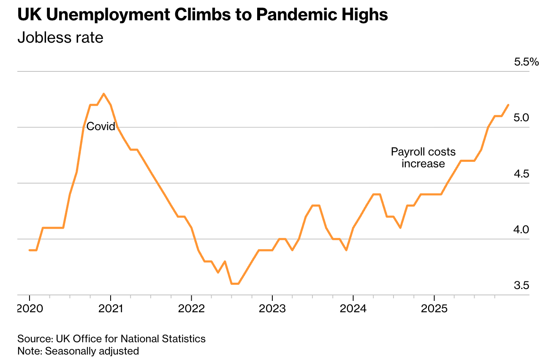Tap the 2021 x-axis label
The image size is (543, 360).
[110, 309]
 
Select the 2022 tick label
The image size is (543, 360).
[191, 309]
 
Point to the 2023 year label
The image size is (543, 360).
[272, 309]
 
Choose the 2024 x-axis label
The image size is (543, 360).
[353, 309]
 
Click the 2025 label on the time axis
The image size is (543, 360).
[434, 309]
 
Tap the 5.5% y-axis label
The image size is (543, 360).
[526, 63]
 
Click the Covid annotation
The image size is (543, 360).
[100, 126]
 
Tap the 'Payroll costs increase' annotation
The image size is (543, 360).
[423, 158]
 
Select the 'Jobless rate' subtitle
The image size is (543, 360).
[60, 38]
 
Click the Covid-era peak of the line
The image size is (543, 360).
[104, 94]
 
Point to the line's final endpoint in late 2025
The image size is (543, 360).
[508, 105]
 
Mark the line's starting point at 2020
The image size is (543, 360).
[30, 250]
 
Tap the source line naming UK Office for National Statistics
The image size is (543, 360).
[111, 338]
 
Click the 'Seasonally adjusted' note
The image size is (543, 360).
[92, 351]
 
